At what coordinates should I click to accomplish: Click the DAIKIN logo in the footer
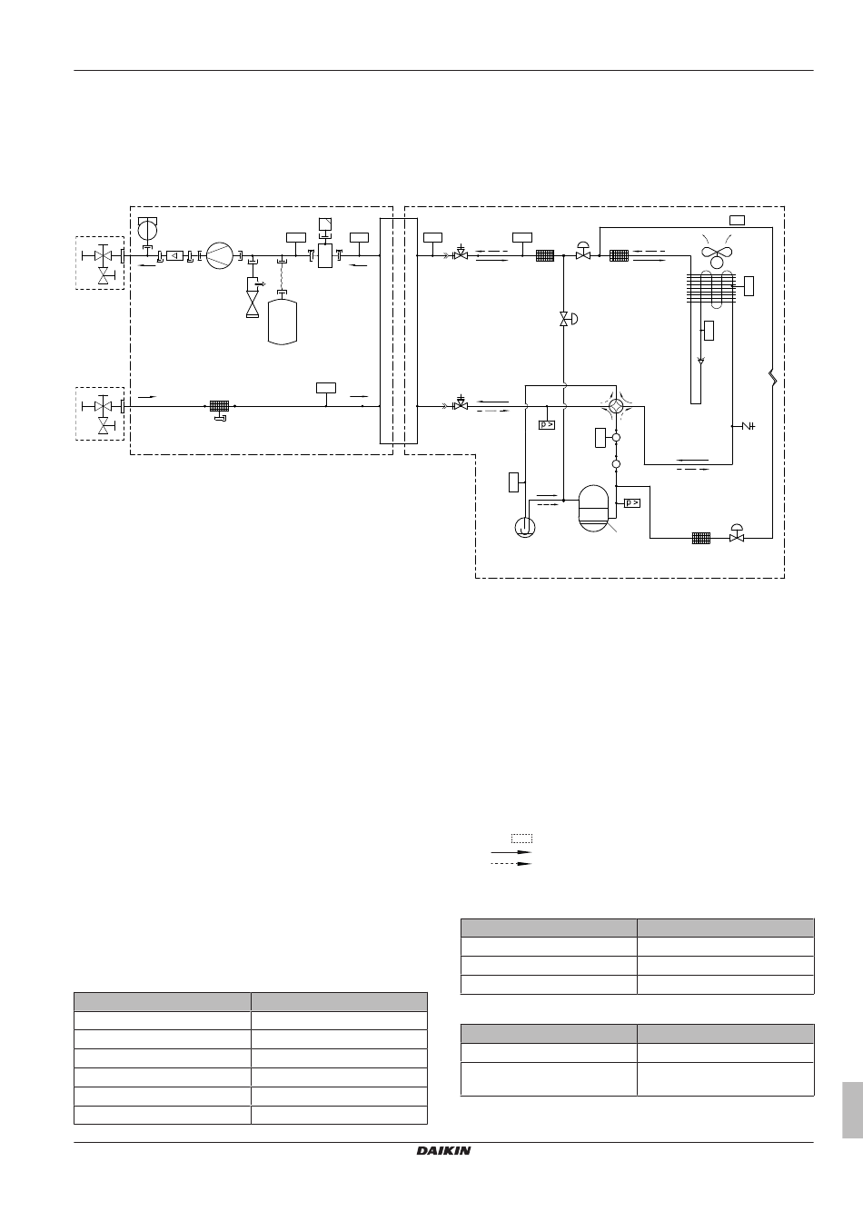pos(443,1150)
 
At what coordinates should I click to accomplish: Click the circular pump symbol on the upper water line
pos(220,255)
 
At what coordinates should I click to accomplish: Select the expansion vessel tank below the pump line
pos(283,322)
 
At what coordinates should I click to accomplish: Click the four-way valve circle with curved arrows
pos(616,406)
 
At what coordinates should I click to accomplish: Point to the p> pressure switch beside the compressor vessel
pos(632,502)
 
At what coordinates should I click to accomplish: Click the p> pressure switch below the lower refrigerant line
pos(547,424)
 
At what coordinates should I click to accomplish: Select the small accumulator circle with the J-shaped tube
pos(525,527)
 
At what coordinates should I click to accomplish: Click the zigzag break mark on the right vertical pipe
pos(773,378)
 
